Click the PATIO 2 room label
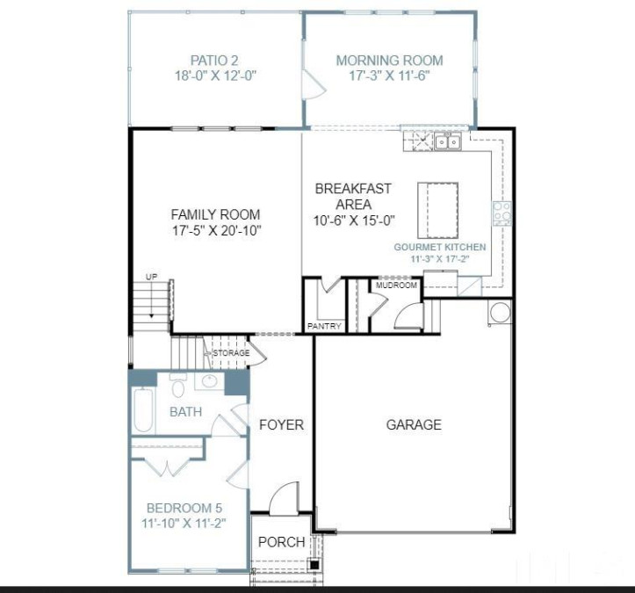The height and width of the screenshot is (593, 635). [215, 60]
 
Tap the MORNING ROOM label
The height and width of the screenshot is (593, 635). [389, 61]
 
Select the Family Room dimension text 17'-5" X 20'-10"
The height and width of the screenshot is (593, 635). [215, 230]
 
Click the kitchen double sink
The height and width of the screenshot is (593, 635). [448, 142]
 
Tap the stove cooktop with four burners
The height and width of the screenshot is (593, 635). [502, 213]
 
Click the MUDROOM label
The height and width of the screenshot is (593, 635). [395, 286]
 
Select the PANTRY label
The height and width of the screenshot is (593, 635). [324, 326]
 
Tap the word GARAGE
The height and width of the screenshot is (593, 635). [414, 424]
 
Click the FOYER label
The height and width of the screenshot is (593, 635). [281, 424]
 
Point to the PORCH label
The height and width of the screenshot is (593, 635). [281, 542]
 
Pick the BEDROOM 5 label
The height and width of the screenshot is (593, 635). [184, 508]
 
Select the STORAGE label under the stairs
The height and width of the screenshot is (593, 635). [232, 353]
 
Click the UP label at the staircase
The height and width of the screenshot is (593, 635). [152, 278]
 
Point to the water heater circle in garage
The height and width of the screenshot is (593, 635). [500, 312]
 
